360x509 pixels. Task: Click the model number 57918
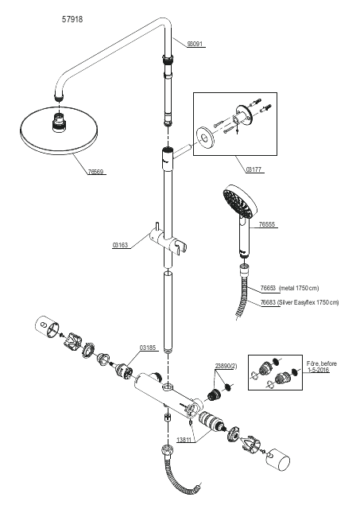point(72,19)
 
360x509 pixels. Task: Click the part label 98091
point(195,44)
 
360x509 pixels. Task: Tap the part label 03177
point(254,169)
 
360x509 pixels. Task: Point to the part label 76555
point(267,224)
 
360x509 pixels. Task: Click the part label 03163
point(120,245)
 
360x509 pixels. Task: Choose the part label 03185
point(148,348)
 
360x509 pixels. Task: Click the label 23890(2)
point(226,366)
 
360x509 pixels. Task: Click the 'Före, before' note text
point(322,363)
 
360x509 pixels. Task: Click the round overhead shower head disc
point(60,130)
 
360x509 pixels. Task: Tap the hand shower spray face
point(237,202)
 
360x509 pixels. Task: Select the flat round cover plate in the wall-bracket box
point(203,138)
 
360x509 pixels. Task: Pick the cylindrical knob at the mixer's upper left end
point(46,326)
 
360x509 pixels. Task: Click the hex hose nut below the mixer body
point(168,417)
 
